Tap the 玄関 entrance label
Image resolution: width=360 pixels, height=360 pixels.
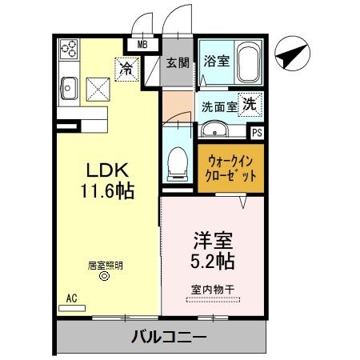tap(177, 61)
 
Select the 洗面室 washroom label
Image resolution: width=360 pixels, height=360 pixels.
tap(218, 105)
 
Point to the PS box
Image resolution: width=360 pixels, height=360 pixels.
tap(256, 134)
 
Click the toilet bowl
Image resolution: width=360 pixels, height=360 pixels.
tap(177, 163)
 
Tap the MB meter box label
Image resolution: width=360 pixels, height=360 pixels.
tap(142, 45)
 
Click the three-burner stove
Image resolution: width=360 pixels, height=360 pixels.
tap(69, 50)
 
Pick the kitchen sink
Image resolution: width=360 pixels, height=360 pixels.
tap(67, 86)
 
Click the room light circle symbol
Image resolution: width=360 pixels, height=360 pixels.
tap(103, 277)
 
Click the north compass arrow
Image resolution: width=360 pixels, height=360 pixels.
tap(290, 56)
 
